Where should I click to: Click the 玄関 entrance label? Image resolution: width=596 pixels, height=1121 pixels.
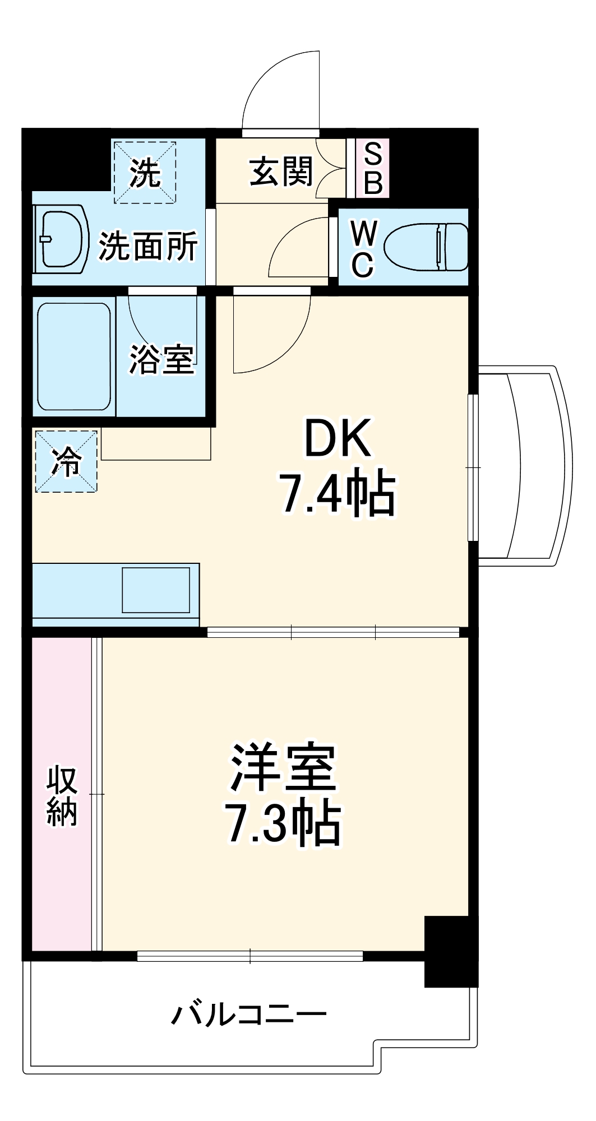(280, 172)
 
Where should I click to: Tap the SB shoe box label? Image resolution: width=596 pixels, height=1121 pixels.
(373, 168)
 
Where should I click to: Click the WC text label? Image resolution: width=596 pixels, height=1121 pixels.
(363, 249)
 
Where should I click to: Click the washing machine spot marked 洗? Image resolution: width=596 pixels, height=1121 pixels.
(145, 173)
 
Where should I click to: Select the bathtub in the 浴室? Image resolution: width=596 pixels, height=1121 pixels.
(73, 356)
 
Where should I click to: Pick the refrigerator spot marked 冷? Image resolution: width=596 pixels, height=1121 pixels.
(66, 461)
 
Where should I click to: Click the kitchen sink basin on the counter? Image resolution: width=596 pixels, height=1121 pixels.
(156, 590)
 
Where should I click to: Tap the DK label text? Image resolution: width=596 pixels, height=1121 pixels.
(337, 438)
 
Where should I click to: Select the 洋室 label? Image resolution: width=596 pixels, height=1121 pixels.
(284, 767)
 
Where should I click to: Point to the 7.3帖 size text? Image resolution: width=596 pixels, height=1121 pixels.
(284, 824)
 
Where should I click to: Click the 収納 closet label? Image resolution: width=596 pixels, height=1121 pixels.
(62, 796)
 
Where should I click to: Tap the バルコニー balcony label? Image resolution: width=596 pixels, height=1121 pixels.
(248, 1015)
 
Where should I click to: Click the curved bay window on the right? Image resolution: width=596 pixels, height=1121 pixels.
(527, 465)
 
